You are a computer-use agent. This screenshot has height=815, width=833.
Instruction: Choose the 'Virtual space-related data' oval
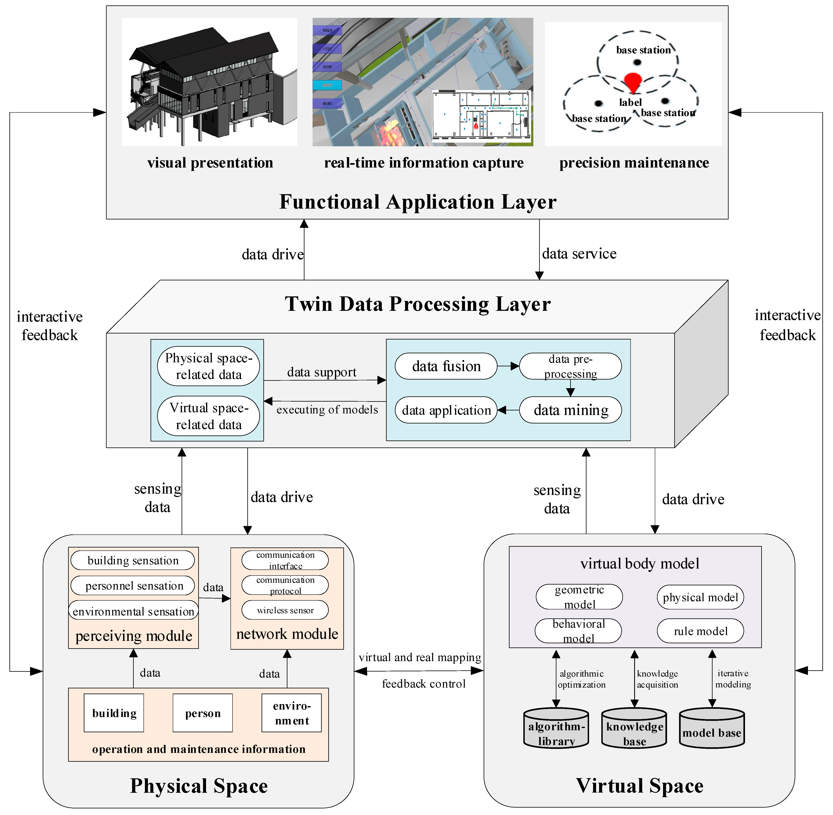208,416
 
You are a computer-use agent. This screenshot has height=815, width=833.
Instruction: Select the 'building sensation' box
133,560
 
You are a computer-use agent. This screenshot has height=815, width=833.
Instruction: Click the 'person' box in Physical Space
202,713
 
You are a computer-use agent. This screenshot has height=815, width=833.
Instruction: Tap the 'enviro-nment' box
291,713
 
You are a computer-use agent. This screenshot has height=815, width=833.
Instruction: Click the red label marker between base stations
633,81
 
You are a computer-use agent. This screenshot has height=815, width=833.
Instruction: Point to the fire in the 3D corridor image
387,130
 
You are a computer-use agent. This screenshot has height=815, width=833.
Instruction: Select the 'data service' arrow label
579,254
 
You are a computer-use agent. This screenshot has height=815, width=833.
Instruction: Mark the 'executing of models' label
327,410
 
